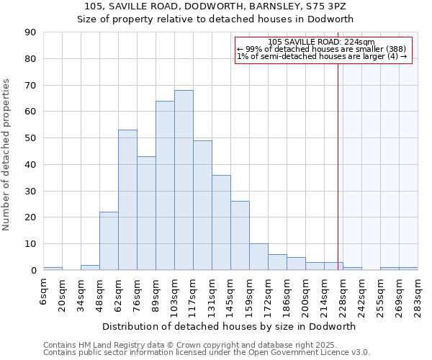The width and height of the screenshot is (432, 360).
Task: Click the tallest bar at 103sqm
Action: coord(184,180)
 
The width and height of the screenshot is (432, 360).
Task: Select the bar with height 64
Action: coord(165,186)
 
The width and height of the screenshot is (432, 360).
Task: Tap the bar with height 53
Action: coord(127,200)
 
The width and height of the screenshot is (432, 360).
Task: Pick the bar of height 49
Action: coord(202,205)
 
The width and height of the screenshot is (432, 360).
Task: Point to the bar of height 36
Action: coord(221,222)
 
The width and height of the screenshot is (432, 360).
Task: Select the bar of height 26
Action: coord(240,235)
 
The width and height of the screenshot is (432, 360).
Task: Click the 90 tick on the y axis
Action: coord(30,32)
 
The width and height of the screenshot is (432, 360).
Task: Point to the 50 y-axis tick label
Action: coord(30,138)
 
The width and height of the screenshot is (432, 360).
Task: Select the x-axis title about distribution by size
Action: coord(229,326)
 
